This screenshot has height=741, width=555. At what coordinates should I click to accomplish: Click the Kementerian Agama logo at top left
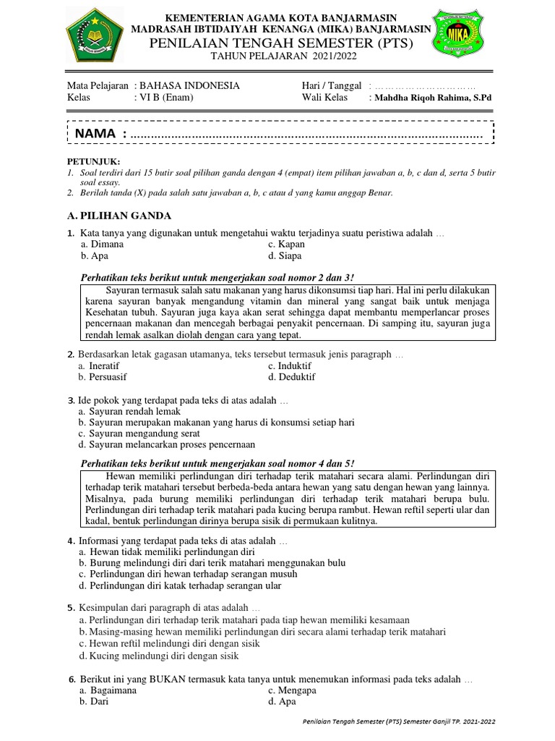click(94, 35)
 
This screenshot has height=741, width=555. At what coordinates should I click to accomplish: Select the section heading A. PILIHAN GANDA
click(119, 215)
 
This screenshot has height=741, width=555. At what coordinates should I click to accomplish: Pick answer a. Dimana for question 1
click(102, 245)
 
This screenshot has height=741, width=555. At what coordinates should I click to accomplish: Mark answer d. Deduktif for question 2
click(291, 377)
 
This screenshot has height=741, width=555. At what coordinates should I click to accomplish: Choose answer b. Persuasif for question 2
click(106, 377)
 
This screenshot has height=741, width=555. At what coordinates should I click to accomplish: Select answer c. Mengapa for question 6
click(292, 690)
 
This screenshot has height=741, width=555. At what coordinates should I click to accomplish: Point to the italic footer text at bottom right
click(398, 721)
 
